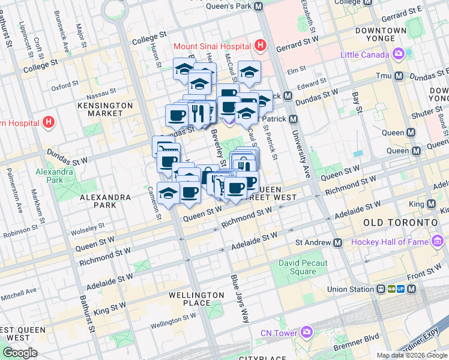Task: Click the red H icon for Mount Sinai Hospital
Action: [x=260, y=46]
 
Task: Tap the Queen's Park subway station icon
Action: [x=259, y=7]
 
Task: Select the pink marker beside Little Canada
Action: [x=399, y=55]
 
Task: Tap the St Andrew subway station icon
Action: [x=337, y=242]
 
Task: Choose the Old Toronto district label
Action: [x=400, y=223]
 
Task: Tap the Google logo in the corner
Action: [x=19, y=353]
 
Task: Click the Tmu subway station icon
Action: [x=399, y=76]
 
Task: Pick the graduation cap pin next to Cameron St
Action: [x=168, y=193]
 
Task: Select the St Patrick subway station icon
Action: [x=293, y=119]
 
